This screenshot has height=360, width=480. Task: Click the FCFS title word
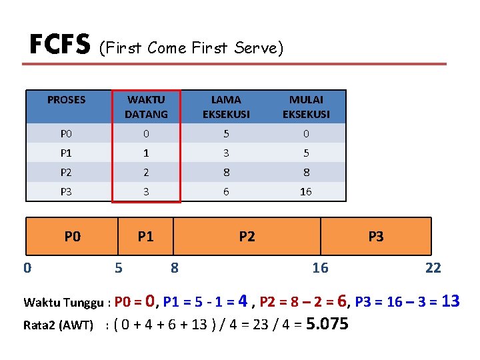pos(59,45)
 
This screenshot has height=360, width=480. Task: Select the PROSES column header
pos(67,100)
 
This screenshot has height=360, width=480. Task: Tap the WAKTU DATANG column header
pos(146,107)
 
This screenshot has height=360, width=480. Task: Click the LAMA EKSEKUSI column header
pos(226,107)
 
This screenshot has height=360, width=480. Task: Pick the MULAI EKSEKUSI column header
pos(306,107)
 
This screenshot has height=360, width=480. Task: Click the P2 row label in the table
pos(67,172)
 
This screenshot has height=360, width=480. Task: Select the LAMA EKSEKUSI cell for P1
pos(226,153)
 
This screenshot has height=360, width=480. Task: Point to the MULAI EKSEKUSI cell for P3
pos(306,191)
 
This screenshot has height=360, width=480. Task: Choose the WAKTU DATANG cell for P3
pos(146,191)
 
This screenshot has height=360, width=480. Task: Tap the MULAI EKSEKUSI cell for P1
pos(306,153)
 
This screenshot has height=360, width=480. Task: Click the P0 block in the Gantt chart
pos(72,237)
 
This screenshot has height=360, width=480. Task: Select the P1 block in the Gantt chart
pos(145,237)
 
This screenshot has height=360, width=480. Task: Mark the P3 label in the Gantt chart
pos(376,237)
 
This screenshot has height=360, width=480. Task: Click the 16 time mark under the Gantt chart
pos(320,268)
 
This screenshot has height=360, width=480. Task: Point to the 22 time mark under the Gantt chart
pos(433,268)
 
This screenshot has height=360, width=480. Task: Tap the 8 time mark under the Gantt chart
pos(174,268)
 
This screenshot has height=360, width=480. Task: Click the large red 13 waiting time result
pos(450,301)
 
